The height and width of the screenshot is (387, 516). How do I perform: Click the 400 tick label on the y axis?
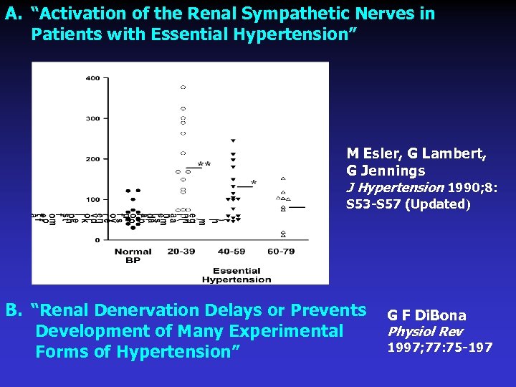93,78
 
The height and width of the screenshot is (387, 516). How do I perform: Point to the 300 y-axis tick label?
93,118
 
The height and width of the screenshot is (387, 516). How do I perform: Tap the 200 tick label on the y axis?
93,159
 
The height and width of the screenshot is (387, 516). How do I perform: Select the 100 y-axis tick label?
93,199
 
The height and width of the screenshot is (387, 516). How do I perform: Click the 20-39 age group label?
182,252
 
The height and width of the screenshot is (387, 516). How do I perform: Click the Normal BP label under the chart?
133,255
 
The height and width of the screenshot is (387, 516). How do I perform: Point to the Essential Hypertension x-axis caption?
236,275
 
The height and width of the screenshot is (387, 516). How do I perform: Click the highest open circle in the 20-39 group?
183,87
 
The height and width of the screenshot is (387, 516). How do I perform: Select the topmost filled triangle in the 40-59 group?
233,140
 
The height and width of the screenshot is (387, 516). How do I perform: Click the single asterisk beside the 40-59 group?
253,183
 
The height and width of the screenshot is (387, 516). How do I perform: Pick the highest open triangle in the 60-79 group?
283,178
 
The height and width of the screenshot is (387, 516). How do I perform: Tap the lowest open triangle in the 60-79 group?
283,235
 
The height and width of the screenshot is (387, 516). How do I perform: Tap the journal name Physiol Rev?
425,332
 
